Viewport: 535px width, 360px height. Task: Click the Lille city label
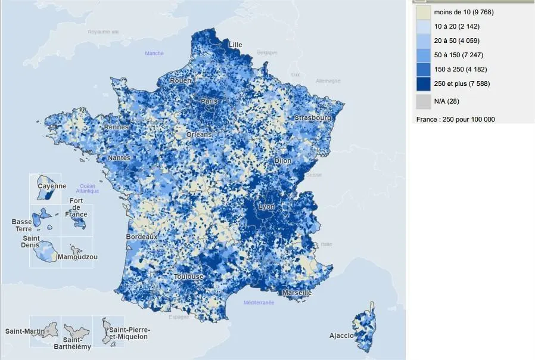pyautogui.click(x=235, y=45)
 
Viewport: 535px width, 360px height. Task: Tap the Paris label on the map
pyautogui.click(x=209, y=101)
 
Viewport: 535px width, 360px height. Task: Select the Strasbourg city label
pyautogui.click(x=313, y=118)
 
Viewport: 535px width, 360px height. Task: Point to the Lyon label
pyautogui.click(x=266, y=206)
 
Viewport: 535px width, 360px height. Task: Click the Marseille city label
pyautogui.click(x=297, y=293)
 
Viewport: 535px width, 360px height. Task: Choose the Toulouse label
pyautogui.click(x=189, y=277)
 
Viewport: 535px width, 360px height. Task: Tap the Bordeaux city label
pyautogui.click(x=142, y=237)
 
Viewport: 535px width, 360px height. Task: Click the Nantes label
pyautogui.click(x=119, y=158)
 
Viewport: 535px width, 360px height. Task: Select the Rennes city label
pyautogui.click(x=116, y=127)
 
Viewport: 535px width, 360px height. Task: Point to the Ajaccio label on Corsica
pyautogui.click(x=342, y=336)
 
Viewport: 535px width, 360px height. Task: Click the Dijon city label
pyautogui.click(x=283, y=161)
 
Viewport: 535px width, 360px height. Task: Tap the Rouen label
pyautogui.click(x=181, y=80)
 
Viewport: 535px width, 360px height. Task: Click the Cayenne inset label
pyautogui.click(x=52, y=186)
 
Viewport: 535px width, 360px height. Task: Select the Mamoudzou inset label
pyautogui.click(x=77, y=257)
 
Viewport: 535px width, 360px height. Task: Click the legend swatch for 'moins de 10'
pyautogui.click(x=423, y=12)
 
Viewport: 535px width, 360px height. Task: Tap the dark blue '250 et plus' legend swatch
pyautogui.click(x=423, y=83)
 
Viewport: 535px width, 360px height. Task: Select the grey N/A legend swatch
pyautogui.click(x=423, y=101)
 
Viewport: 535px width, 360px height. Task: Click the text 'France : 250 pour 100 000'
pyautogui.click(x=455, y=119)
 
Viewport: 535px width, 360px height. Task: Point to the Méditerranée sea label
pyautogui.click(x=259, y=303)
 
